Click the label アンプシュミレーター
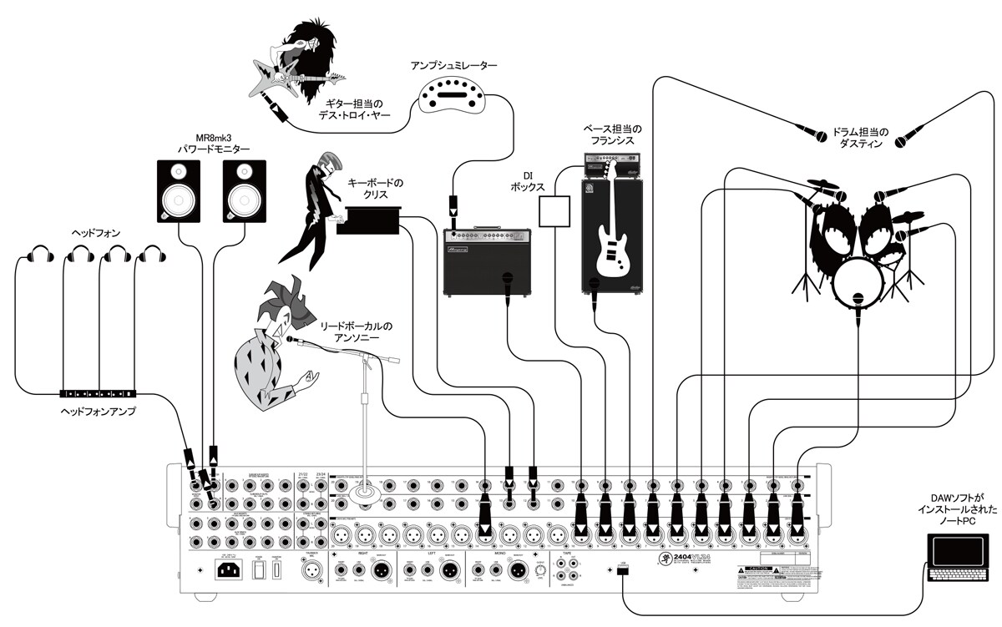(453, 64)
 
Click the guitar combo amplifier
(488, 259)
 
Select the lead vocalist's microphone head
(292, 339)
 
